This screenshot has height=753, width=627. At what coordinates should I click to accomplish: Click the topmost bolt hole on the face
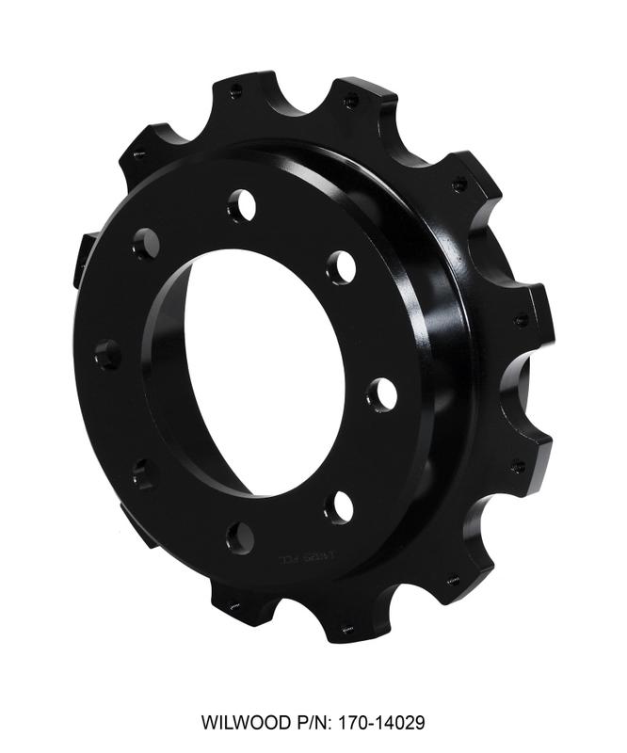pos(241,204)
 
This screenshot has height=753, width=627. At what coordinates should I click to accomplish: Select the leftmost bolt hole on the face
pos(108,355)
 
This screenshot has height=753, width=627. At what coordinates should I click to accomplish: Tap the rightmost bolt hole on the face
pos(381,394)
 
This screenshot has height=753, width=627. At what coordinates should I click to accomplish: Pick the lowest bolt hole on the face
pos(240,538)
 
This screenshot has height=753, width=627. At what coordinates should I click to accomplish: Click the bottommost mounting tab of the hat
pos(348,621)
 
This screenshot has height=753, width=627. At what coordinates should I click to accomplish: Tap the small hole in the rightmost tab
pos(521,321)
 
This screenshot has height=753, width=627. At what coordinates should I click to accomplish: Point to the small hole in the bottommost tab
pos(347,629)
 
